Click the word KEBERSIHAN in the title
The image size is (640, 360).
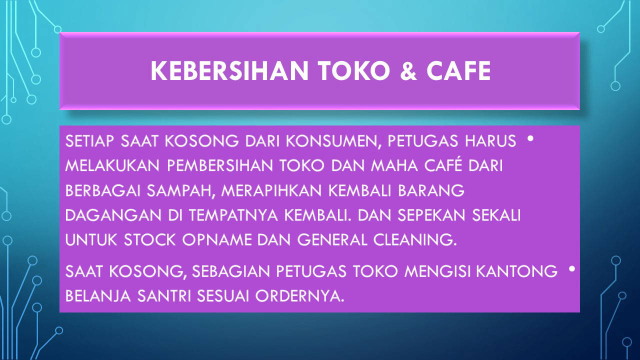pyautogui.click(x=229, y=70)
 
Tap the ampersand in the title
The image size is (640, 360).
pyautogui.click(x=408, y=70)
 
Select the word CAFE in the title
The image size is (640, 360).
pyautogui.click(x=458, y=70)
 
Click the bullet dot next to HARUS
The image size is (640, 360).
pyautogui.click(x=530, y=138)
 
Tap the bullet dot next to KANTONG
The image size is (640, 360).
pyautogui.click(x=571, y=269)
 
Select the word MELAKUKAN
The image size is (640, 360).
pyautogui.click(x=112, y=165)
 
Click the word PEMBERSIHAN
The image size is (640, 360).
pyautogui.click(x=220, y=165)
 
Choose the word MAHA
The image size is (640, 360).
pyautogui.click(x=394, y=165)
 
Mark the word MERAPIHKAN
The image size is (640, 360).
pyautogui.click(x=271, y=190)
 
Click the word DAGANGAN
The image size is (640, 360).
pyautogui.click(x=113, y=215)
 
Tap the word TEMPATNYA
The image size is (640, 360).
pyautogui.click(x=233, y=215)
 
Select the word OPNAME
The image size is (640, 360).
pyautogui.click(x=217, y=239)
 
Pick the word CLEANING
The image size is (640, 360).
pyautogui.click(x=415, y=239)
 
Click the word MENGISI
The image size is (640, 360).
pyautogui.click(x=437, y=271)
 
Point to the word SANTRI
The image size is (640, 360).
pyautogui.click(x=164, y=296)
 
